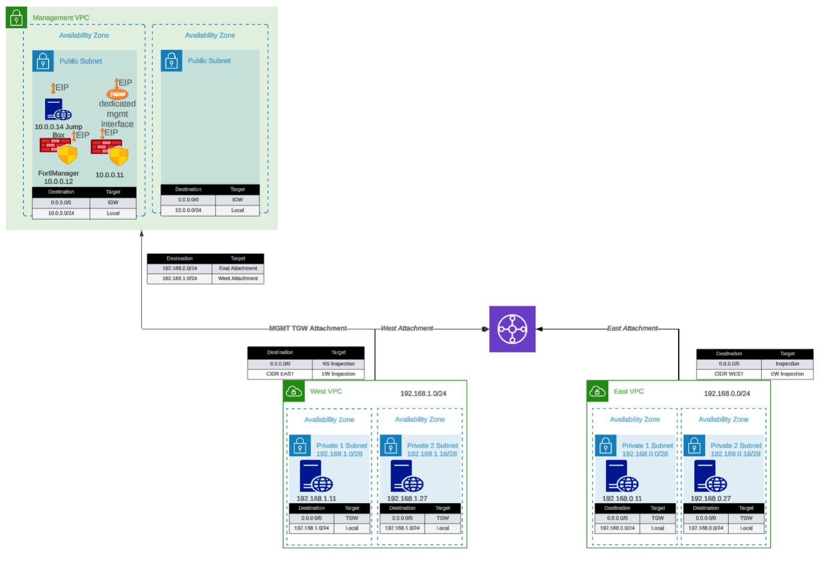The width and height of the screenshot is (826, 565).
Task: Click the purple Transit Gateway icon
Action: tap(512, 329)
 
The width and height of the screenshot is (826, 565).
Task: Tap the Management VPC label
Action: tap(61, 18)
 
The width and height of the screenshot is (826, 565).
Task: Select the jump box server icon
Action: tap(58, 110)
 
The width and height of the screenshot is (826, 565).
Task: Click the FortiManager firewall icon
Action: tap(58, 150)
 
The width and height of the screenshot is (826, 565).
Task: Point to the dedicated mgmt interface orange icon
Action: tap(117, 94)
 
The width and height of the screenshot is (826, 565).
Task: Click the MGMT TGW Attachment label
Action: tap(307, 329)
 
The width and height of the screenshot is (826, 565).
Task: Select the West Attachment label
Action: tap(407, 329)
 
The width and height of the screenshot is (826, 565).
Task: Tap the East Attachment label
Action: tap(632, 329)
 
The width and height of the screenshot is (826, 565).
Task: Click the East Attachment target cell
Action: tap(238, 268)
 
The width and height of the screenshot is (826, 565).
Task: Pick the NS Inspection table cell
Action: tap(338, 363)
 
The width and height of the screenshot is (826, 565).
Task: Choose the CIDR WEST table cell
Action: tap(729, 374)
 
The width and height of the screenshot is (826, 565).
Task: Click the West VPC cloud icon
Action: tap(294, 392)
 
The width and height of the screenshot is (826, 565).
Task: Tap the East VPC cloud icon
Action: tap(597, 392)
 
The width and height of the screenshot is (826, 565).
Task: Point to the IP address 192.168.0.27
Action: tap(710, 498)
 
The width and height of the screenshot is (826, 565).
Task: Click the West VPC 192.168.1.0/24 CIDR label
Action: tap(424, 394)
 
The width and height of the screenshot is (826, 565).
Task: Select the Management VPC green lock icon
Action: tap(16, 18)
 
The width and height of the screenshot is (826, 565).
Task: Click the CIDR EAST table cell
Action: tap(280, 374)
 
